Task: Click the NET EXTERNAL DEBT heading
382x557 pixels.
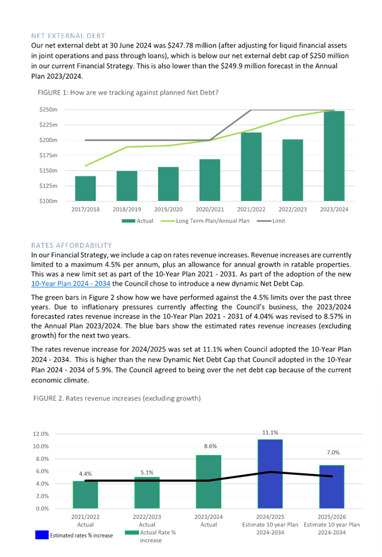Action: (68, 36)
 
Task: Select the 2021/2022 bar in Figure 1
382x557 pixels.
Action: (251, 166)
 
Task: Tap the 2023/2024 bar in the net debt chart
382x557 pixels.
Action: (334, 156)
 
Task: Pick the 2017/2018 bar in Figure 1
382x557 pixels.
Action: (85, 189)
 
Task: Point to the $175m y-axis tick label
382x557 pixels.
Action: (48, 155)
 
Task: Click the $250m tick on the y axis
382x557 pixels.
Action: (48, 109)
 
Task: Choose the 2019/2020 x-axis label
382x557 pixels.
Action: (169, 209)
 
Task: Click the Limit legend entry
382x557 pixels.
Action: (271, 221)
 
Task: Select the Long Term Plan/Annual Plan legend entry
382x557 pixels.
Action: (205, 221)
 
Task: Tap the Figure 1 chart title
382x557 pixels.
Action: (128, 92)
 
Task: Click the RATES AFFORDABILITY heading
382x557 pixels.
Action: (72, 245)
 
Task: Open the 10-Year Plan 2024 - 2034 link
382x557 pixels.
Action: (70, 283)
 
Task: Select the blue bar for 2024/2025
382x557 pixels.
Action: (270, 474)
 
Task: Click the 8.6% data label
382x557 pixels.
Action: (210, 446)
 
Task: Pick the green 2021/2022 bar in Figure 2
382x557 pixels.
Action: (85, 494)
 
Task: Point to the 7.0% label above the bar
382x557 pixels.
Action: (333, 453)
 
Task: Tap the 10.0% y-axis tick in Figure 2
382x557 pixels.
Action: (41, 446)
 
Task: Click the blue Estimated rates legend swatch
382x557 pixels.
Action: (42, 535)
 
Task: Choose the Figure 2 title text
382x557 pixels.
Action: (117, 398)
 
